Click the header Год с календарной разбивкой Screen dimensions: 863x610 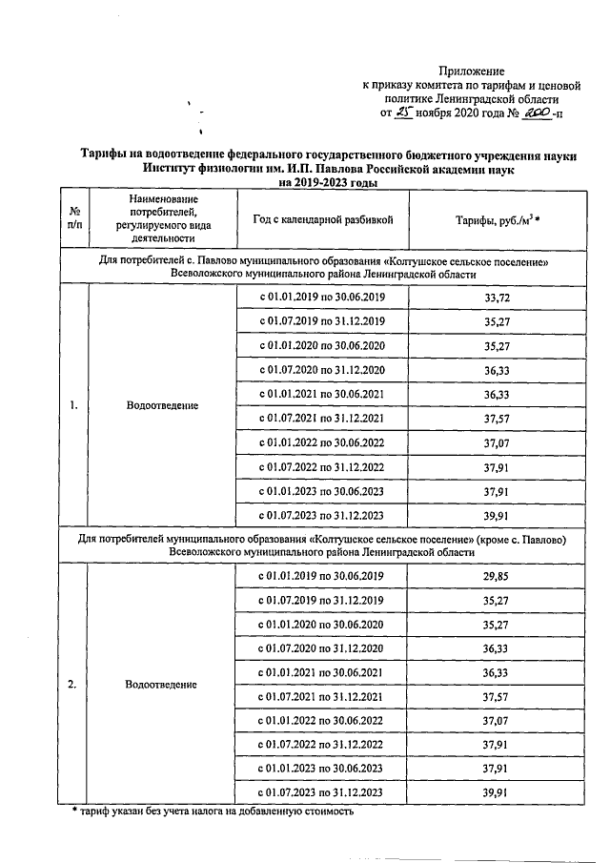322,219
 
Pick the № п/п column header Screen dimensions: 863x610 74,219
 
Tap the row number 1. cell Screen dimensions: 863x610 73,406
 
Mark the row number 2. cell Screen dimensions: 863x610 73,685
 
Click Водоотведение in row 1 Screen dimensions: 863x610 161,406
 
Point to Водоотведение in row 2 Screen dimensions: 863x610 161,685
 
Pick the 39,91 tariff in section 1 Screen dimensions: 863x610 491,515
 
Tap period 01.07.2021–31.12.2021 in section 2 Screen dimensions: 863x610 322,697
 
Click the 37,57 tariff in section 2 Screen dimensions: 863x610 491,697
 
